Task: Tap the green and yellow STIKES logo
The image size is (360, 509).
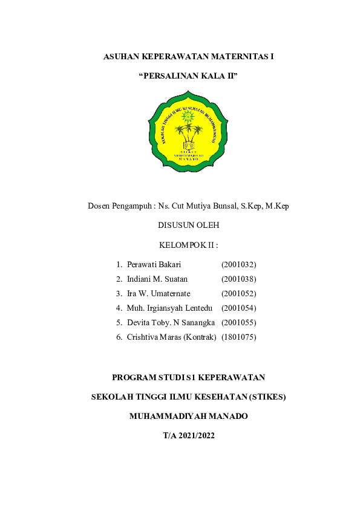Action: [188, 131]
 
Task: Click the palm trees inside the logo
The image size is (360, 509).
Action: [188, 131]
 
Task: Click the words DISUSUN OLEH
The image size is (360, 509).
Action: [188, 225]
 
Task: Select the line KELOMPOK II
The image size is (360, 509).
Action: [188, 245]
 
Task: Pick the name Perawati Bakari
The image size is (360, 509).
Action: [154, 264]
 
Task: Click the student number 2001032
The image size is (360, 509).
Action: [239, 264]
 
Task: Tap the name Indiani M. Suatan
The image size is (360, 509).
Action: [157, 279]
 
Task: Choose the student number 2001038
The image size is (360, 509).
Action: [239, 279]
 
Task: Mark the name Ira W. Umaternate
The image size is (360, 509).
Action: [159, 293]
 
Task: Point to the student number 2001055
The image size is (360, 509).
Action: [239, 322]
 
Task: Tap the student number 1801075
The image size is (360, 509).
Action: [239, 337]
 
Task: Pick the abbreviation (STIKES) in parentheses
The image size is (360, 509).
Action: [264, 397]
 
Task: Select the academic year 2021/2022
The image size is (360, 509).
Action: [197, 435]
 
